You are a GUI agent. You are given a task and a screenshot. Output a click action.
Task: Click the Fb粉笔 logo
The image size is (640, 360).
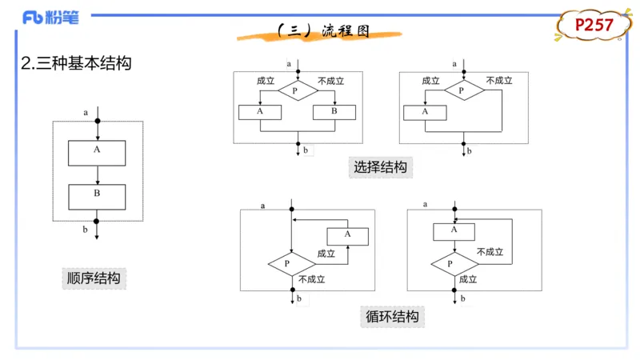[x=50, y=18]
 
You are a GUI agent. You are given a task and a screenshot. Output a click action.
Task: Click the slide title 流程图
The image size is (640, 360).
[x=324, y=31]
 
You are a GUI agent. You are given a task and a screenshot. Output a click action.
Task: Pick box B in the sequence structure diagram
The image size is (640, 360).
[x=97, y=196]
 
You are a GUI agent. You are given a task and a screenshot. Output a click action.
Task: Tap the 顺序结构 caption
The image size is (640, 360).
[x=94, y=278]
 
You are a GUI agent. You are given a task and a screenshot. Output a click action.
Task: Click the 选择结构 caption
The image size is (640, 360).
[x=381, y=167]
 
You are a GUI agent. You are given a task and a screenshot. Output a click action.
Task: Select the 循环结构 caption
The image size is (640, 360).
[x=392, y=316]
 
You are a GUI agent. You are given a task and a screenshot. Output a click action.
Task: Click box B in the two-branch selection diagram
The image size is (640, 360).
[x=334, y=112]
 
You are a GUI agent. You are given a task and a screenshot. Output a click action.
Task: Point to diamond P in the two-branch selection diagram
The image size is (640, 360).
[x=295, y=91]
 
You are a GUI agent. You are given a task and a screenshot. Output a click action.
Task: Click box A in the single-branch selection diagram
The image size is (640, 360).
[x=425, y=112]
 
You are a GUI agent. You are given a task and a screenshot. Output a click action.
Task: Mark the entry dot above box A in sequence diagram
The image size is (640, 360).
[x=97, y=122]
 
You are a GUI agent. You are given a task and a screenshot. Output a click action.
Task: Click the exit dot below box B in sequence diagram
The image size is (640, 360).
[x=97, y=221]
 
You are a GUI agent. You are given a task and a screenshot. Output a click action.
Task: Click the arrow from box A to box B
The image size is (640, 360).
[x=97, y=174]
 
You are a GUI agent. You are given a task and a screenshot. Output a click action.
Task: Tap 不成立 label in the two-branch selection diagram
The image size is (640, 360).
[x=330, y=81]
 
